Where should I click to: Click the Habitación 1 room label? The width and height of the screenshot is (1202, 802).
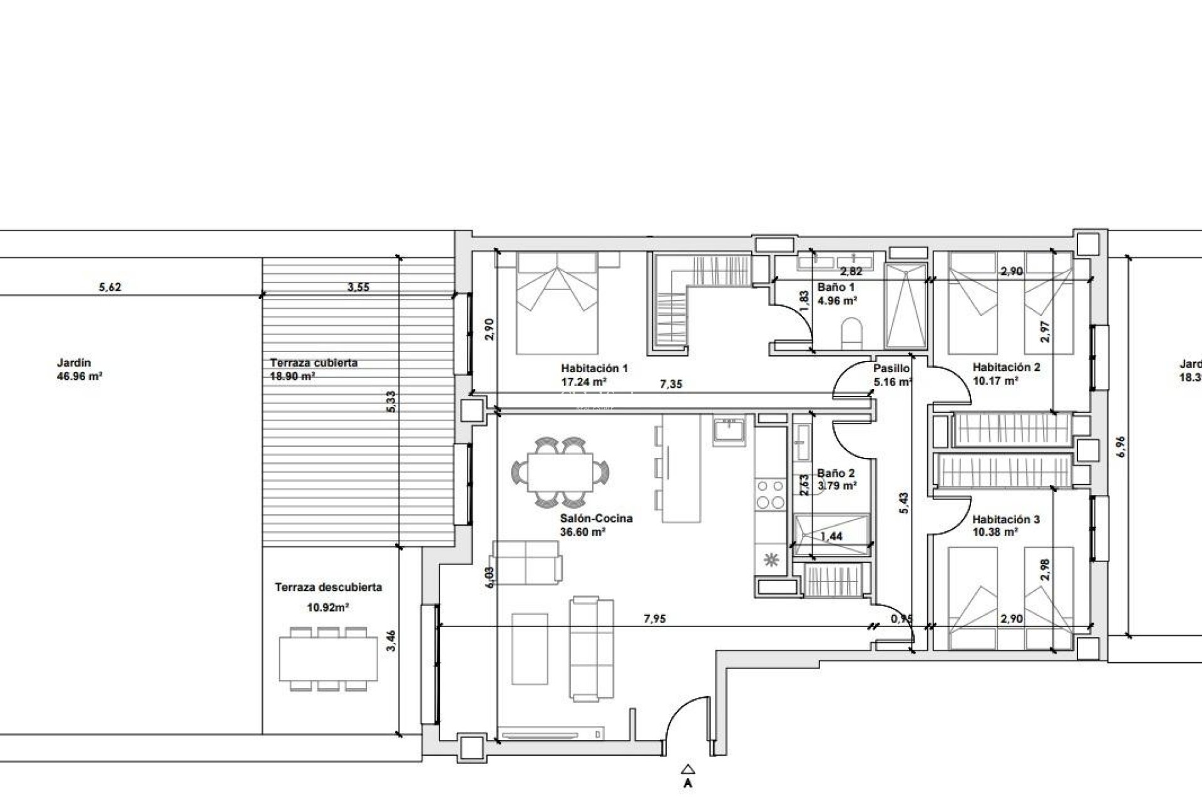click(594, 368)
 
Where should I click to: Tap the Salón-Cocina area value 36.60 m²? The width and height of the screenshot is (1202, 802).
click(582, 532)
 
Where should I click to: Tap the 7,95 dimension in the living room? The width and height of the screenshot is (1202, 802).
click(655, 619)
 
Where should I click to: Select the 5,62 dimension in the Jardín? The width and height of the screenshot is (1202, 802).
click(110, 288)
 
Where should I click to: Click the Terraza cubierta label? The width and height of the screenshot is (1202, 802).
click(314, 363)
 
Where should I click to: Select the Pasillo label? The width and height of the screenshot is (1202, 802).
click(891, 368)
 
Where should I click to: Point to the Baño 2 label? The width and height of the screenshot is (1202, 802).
click(836, 474)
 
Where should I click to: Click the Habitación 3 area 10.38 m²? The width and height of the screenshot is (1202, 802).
click(995, 532)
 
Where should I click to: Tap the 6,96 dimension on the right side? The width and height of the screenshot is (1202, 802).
click(1121, 446)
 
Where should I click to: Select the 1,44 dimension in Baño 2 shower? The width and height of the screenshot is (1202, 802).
click(831, 536)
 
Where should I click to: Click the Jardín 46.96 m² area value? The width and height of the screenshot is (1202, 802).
click(80, 377)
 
